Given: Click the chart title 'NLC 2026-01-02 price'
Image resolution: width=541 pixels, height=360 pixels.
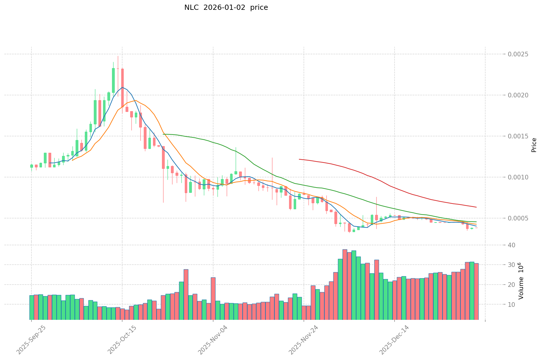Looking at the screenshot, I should (226, 8).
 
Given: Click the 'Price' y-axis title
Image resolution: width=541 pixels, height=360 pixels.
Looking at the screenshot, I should (534, 145).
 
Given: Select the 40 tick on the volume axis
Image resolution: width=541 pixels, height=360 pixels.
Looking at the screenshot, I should (512, 245).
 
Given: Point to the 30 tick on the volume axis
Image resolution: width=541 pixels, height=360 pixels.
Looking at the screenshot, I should (512, 265).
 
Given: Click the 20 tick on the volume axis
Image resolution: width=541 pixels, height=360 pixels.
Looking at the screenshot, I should (512, 285).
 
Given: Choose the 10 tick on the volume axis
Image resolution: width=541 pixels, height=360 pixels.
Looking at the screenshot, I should (512, 305).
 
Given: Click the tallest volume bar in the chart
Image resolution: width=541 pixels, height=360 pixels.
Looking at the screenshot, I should (345, 285).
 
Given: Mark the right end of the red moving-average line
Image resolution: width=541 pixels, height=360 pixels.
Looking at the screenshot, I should (476, 207).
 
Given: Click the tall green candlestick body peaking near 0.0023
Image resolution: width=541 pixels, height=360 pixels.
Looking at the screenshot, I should (113, 80).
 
